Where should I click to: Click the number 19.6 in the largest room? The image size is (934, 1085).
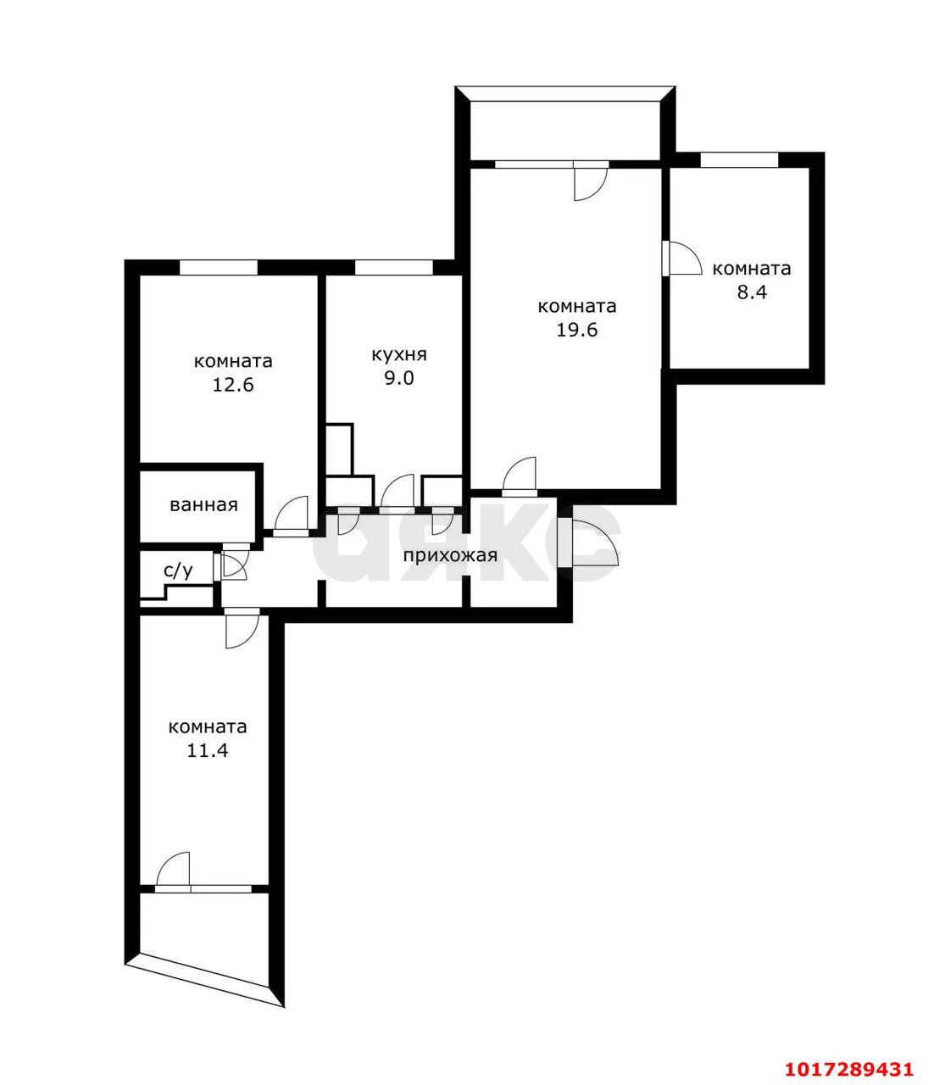coord(576,331)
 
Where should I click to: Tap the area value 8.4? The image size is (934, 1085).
coord(752,292)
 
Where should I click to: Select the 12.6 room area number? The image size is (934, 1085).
coord(233,385)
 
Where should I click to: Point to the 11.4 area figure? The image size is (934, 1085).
coord(208,751)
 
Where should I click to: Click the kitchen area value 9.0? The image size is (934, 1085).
coord(399,378)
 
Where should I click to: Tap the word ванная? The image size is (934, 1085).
coord(203,505)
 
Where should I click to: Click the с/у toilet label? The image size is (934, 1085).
coord(178,571)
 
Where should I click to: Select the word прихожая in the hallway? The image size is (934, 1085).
coord(450,555)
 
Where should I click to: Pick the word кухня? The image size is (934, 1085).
coord(399,355)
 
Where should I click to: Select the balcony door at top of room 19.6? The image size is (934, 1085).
coord(591,181)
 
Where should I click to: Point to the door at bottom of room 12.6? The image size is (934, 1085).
coord(292,515)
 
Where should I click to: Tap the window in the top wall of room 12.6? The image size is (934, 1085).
coord(219,267)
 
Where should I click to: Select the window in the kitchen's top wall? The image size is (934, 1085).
coord(393,267)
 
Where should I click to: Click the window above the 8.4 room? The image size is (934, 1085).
coord(739,159)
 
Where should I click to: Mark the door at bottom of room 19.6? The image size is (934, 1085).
coord(520,476)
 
